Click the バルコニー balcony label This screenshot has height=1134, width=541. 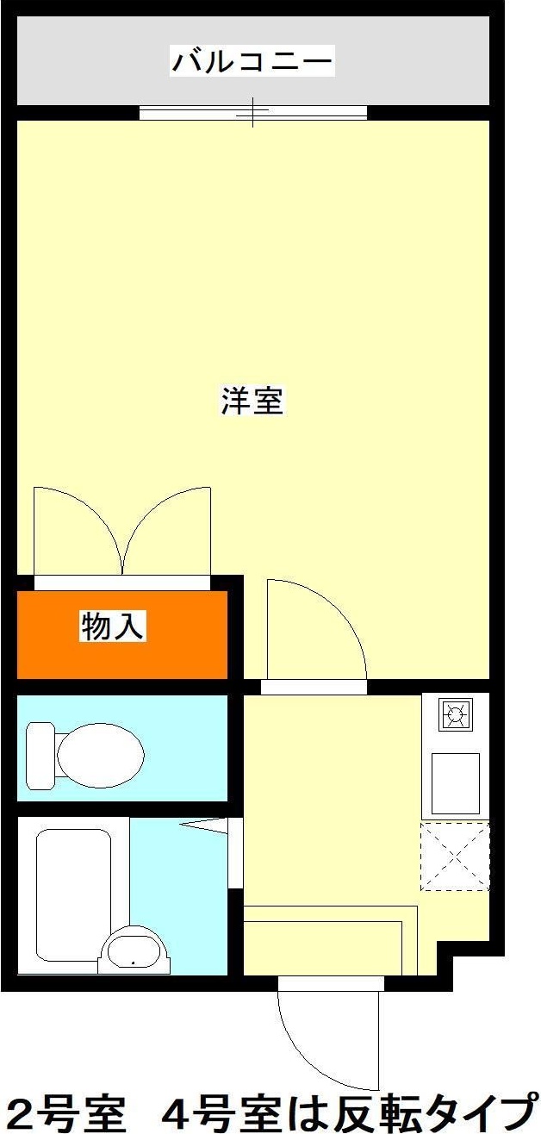coord(252,62)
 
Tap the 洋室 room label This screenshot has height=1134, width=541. coord(252,402)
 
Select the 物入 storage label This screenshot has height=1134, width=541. coord(112,626)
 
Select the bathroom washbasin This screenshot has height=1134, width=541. coord(136,951)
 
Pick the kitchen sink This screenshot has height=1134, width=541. coord(455,782)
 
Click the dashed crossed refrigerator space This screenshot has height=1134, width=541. coord(455,856)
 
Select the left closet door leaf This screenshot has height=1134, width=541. coord(73,530)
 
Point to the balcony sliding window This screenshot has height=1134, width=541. coord(253,111)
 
